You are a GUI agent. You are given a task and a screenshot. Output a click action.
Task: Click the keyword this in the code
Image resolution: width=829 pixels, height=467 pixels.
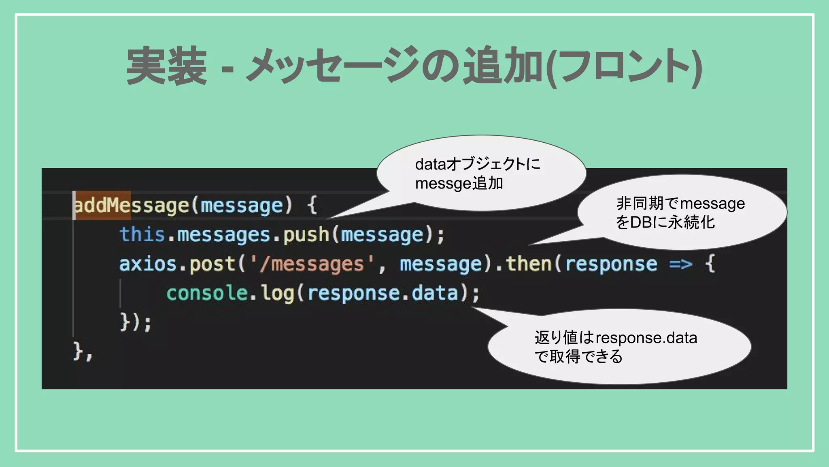[x=142, y=235]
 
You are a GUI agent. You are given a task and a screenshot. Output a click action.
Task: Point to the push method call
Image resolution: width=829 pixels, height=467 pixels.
[x=306, y=235]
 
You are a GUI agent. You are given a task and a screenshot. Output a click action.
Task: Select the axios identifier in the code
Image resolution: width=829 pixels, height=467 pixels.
[x=148, y=264]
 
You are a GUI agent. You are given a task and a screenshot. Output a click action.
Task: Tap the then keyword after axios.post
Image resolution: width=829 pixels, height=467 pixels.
[x=529, y=264]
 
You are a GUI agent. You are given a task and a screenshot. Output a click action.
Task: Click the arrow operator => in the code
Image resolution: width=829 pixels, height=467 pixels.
[x=680, y=264]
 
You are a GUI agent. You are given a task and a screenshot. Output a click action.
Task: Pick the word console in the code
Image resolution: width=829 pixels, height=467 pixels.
[x=207, y=293]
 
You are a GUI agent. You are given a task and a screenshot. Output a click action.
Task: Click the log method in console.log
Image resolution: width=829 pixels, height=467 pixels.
[x=277, y=293]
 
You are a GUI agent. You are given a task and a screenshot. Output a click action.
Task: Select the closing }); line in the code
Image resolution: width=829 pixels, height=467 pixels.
[x=136, y=322]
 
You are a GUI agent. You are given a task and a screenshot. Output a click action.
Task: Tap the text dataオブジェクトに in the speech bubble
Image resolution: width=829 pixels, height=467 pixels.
[x=478, y=164]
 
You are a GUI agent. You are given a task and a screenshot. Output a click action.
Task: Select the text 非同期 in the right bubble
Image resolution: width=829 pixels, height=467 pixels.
[x=640, y=203]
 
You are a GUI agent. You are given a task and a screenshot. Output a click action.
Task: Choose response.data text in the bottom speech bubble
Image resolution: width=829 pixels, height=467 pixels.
[x=646, y=338]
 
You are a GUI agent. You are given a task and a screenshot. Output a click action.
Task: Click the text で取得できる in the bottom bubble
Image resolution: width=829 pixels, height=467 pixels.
[x=578, y=357]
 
